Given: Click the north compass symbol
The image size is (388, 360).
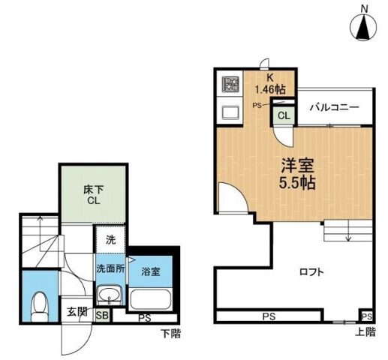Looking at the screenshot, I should pos(364,27).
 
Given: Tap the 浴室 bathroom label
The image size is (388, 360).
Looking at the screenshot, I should pos(152,271).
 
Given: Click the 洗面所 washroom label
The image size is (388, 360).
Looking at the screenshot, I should pos(110,267).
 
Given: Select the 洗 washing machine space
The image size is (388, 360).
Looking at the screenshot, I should pos(110,241).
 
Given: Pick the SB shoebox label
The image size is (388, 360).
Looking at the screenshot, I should pos(102,316).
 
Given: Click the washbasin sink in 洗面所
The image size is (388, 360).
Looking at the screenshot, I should pos(110,294).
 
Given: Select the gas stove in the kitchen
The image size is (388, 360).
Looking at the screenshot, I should pos(230,83).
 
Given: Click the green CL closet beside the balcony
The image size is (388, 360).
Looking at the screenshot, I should pos(284,115).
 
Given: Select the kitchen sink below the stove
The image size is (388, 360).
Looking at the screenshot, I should pos(230,112).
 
